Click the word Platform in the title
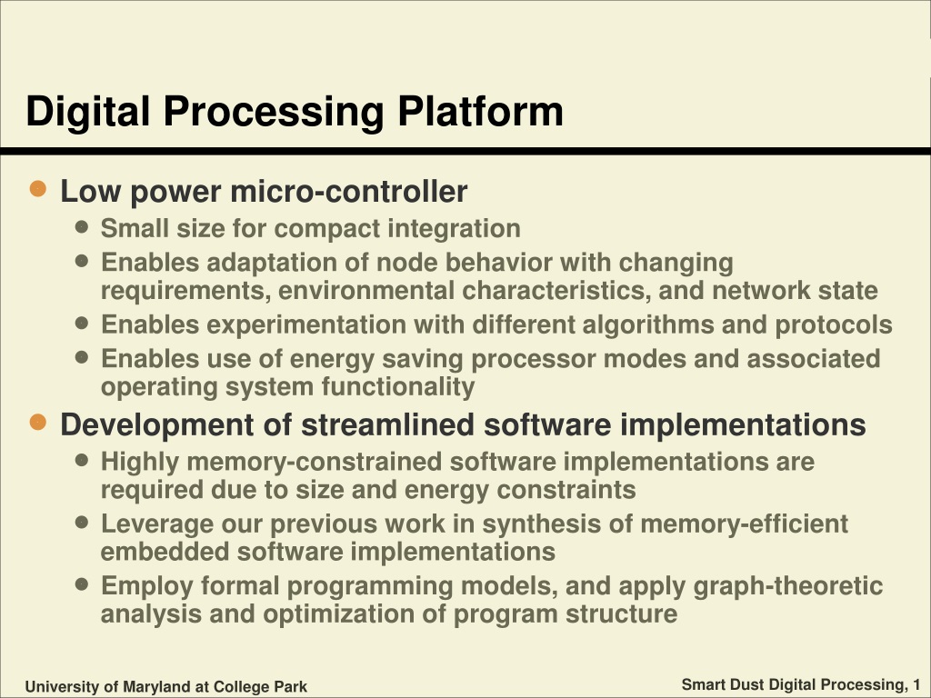coord(480,111)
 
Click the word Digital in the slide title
coord(88,113)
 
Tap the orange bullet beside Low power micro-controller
coord(38,189)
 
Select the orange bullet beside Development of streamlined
coord(38,423)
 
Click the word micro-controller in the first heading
coord(348,191)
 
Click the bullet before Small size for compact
coord(83,226)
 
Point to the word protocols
coord(833,325)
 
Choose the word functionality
coord(398,387)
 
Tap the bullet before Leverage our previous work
coord(83,523)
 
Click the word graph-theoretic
coord(788,586)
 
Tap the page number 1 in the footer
coord(916,684)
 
